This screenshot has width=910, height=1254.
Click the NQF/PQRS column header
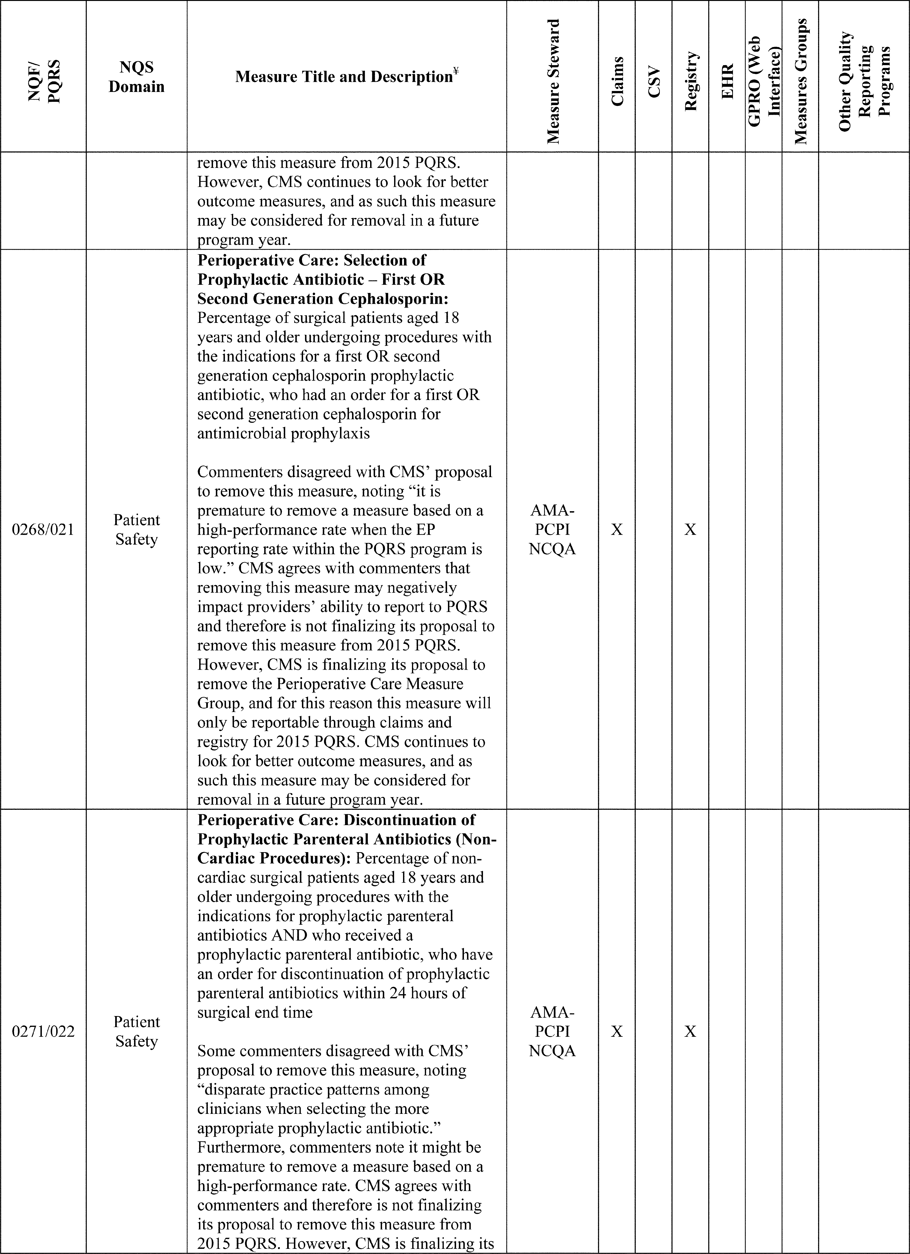pyautogui.click(x=43, y=81)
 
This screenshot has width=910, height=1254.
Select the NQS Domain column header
pyautogui.click(x=137, y=77)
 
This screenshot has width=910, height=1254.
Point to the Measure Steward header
pyautogui.click(x=553, y=81)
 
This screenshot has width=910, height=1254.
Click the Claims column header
pyautogui.click(x=617, y=81)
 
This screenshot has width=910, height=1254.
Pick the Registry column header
pyautogui.click(x=691, y=81)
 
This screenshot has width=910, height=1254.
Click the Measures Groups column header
pyautogui.click(x=800, y=81)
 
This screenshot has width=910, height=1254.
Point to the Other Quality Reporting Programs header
pyautogui.click(x=864, y=81)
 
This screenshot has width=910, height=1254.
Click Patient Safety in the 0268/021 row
pyautogui.click(x=137, y=530)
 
